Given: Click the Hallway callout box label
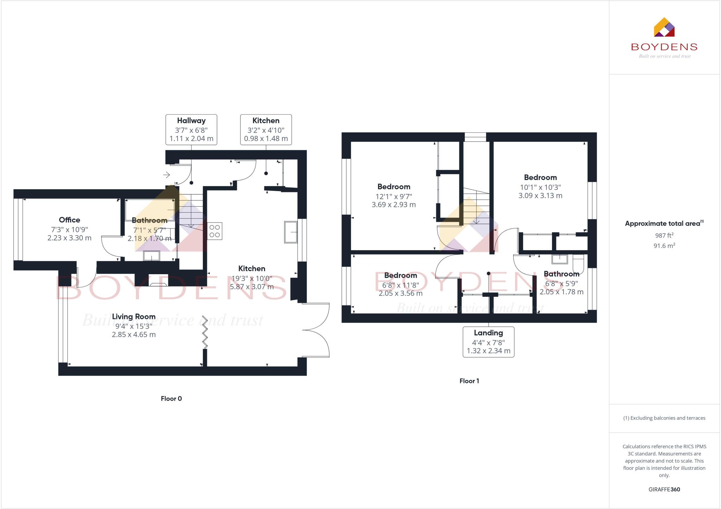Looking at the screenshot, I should (191, 129).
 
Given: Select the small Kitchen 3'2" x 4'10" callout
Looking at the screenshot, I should (266, 129).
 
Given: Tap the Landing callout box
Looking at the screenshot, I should (488, 342).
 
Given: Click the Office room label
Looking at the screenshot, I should (69, 220).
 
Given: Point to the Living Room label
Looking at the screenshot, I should (134, 317).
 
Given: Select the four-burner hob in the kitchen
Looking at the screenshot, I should (215, 231).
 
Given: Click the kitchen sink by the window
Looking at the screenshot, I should (290, 232).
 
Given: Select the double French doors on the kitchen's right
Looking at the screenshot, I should (316, 330).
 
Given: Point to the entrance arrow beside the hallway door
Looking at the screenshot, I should (167, 175).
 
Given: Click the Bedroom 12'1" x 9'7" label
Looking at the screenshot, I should (394, 187).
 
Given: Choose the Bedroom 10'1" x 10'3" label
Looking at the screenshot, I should (540, 178).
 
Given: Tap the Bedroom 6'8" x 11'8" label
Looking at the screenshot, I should (400, 276).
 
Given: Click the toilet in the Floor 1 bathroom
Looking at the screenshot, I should (578, 263).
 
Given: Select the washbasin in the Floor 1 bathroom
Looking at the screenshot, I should (559, 259).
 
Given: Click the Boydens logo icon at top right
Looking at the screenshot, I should (664, 27).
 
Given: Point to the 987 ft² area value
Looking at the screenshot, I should (664, 235).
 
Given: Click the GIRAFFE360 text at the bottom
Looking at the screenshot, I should (664, 489).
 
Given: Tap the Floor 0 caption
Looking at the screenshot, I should (171, 398).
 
